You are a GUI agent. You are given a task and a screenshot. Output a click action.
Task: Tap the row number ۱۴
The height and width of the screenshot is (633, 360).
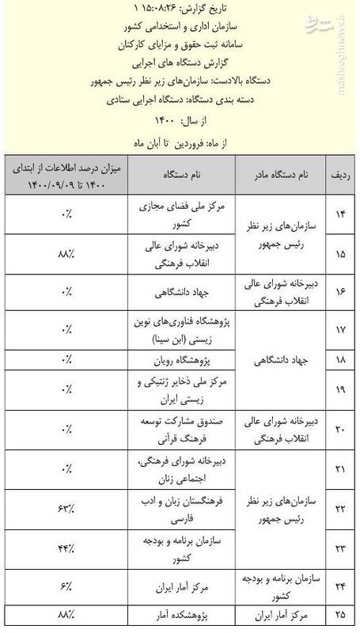click(339, 215)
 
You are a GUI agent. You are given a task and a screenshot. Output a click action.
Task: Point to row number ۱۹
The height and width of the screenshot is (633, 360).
click(339, 389)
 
